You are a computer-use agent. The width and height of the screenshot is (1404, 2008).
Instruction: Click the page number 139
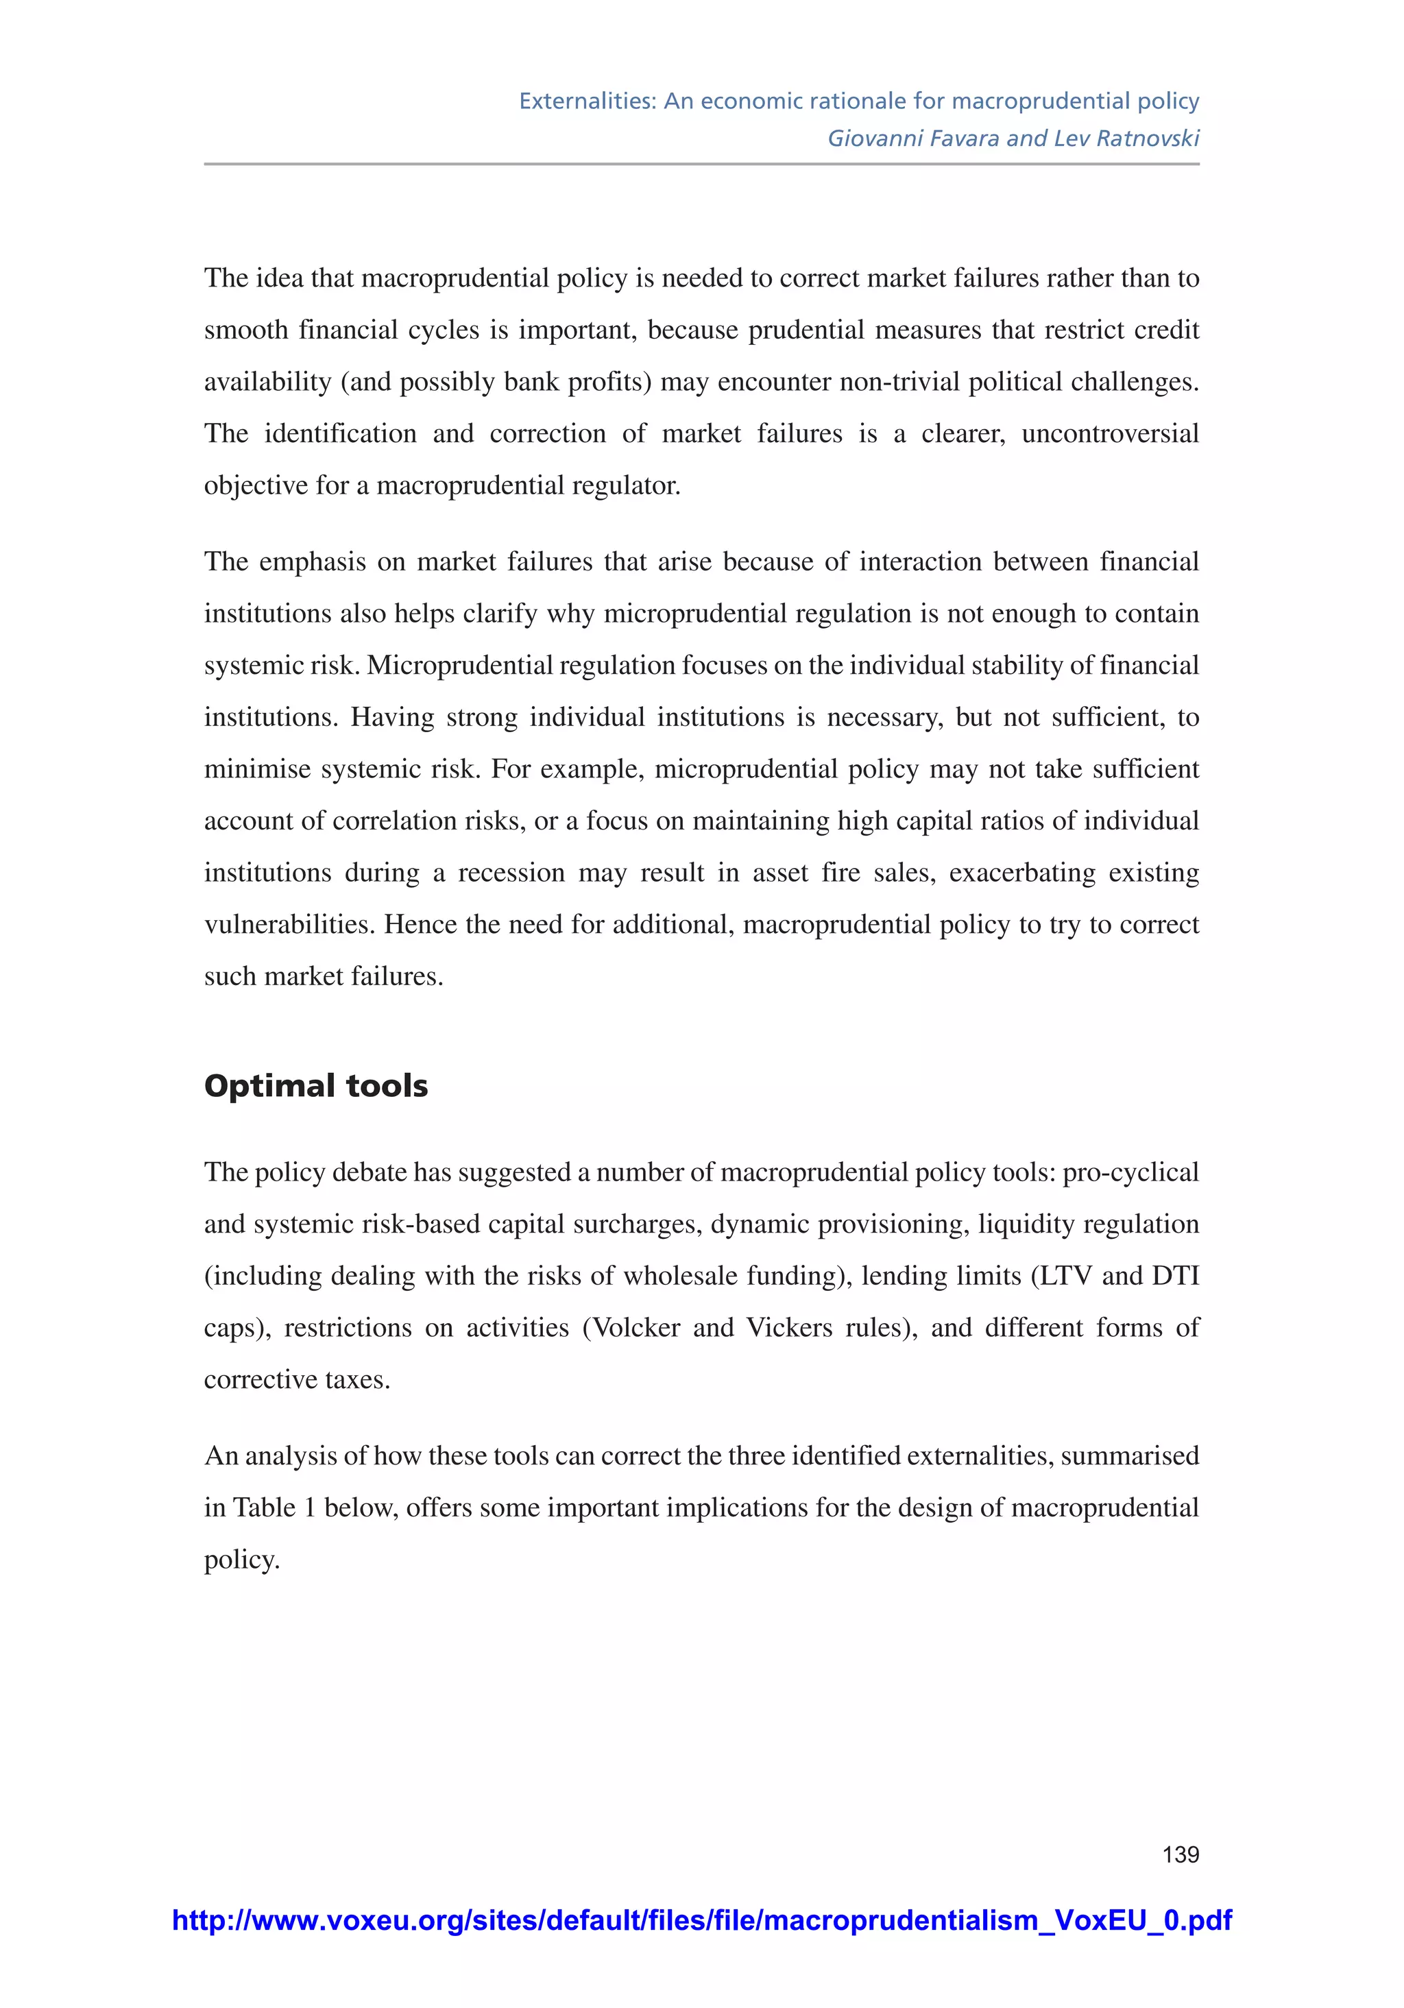[x=1180, y=1854]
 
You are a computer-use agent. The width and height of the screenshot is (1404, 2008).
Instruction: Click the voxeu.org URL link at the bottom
[x=701, y=1920]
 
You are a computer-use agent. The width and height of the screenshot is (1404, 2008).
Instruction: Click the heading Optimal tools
[x=316, y=1085]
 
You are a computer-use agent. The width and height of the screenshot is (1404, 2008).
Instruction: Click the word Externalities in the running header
[x=587, y=101]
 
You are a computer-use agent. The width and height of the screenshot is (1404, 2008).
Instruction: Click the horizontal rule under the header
[x=701, y=164]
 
